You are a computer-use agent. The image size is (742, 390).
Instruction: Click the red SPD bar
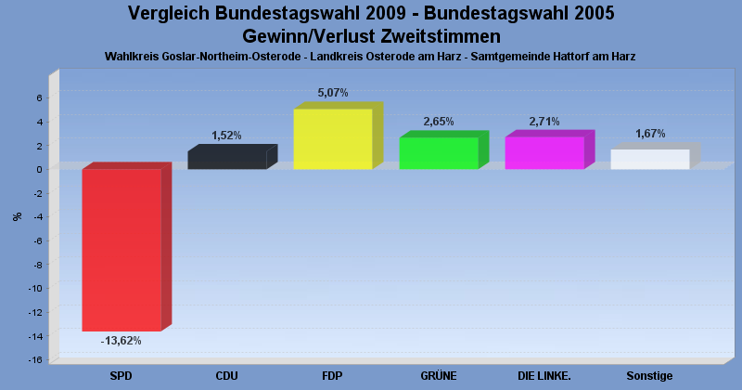122,249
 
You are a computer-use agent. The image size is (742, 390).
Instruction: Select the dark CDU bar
226,159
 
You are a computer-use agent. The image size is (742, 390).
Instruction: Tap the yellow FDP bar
332,138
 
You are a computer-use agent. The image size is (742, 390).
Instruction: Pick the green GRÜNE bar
438,152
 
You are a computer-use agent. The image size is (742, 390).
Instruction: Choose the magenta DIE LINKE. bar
544,152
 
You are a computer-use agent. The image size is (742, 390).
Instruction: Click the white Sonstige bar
649,159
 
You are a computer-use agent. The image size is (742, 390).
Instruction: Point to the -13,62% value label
121,341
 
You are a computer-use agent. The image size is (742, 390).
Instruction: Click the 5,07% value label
332,93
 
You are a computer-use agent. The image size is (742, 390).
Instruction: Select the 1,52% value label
226,136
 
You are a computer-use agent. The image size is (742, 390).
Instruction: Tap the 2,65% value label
438,122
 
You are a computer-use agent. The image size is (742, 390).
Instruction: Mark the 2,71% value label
544,122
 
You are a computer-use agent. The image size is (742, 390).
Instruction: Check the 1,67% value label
649,134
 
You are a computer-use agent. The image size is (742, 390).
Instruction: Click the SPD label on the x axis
121,376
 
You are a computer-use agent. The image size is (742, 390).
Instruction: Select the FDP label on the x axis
332,376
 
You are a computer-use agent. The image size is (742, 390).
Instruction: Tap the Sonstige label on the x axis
649,376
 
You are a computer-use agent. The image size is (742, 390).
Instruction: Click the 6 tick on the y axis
39,97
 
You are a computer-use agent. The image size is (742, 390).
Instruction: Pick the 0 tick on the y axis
39,169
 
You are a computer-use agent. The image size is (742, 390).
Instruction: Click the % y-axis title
17,216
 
